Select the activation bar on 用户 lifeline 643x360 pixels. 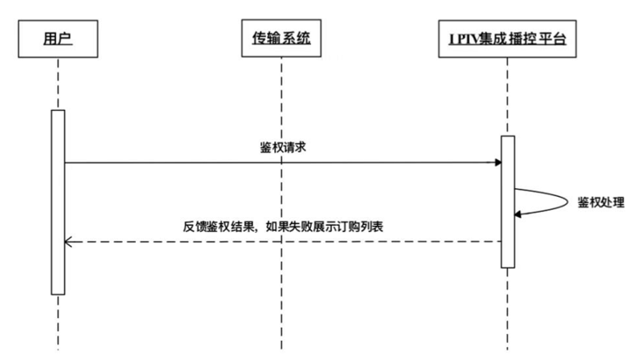tap(58, 201)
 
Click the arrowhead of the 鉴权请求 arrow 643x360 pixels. tap(498, 162)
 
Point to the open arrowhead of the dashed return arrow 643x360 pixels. tap(68, 240)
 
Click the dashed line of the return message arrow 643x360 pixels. tap(281, 240)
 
